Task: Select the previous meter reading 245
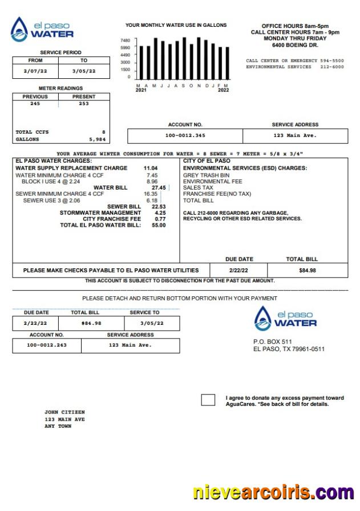(35, 104)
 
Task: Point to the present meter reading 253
(84, 104)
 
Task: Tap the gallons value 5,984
(98, 139)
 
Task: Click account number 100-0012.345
(185, 136)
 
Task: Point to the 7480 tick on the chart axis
(126, 41)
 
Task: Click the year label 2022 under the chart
(223, 90)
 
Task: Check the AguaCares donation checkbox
(208, 400)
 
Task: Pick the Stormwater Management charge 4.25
(160, 213)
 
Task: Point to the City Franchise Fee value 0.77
(160, 219)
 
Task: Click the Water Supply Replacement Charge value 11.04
(151, 168)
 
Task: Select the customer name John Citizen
(64, 412)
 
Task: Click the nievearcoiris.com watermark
(273, 492)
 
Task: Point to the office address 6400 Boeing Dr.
(295, 45)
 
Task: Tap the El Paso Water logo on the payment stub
(285, 318)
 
